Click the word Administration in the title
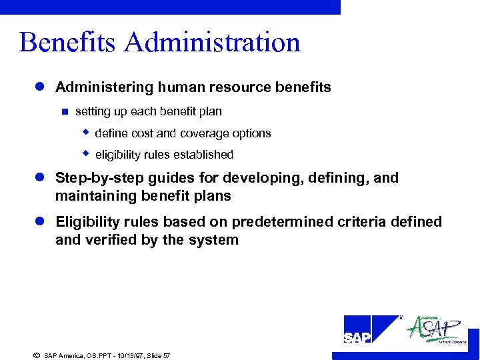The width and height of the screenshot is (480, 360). [x=212, y=43]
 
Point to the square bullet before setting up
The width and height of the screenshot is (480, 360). [x=65, y=111]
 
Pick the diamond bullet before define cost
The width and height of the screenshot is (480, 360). [x=85, y=133]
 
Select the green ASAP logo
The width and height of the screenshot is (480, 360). [x=436, y=329]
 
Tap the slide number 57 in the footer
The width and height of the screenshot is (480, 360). [x=166, y=356]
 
